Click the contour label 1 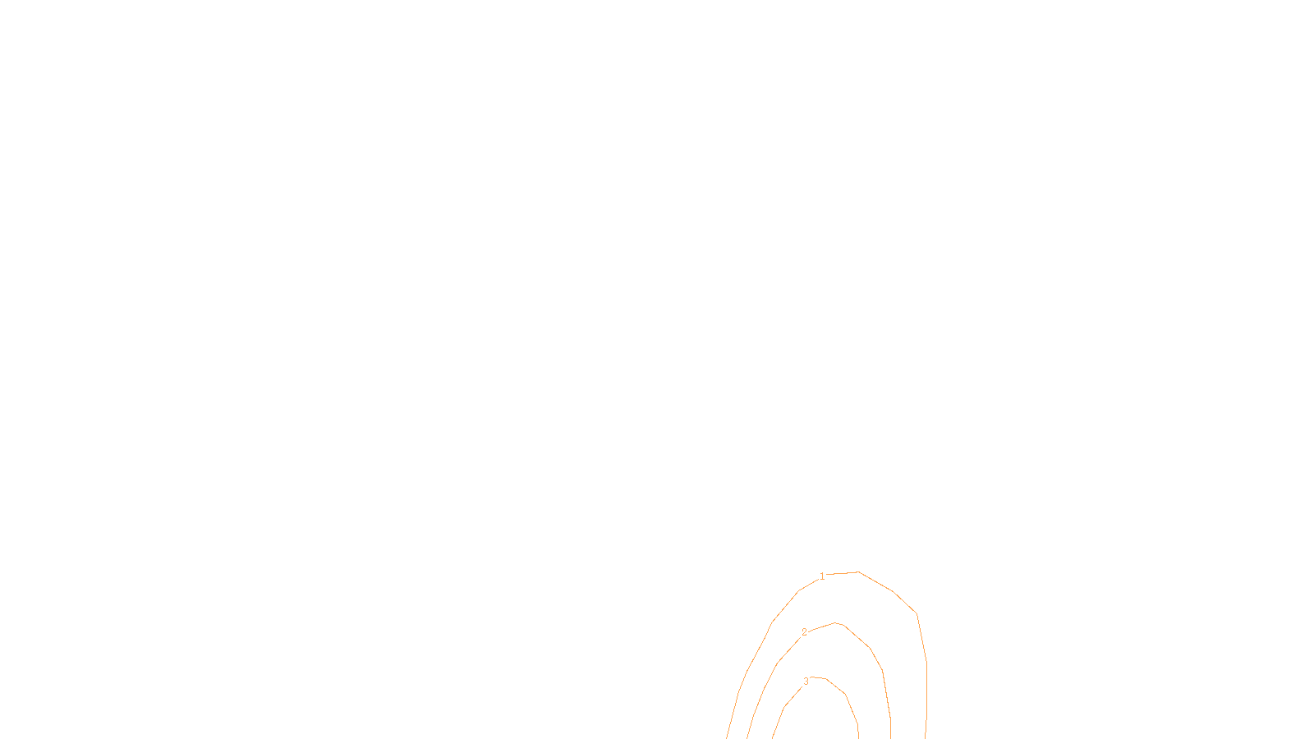coord(822,576)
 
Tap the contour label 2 coord(804,632)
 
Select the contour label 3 coord(806,682)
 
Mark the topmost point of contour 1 coord(858,571)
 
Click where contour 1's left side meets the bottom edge coord(727,737)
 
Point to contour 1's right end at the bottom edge coord(926,737)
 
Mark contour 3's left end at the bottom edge coord(773,737)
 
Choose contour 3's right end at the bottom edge coord(859,737)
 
